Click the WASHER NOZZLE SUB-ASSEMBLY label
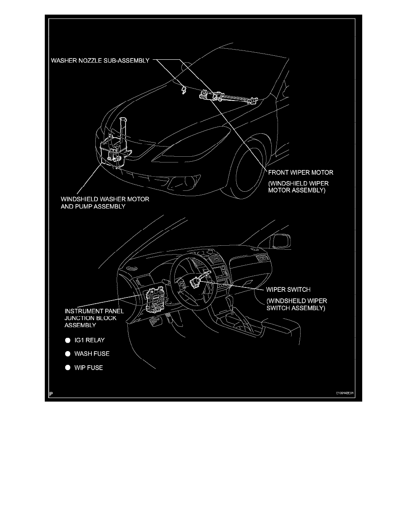(x=100, y=61)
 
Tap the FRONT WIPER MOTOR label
(x=301, y=172)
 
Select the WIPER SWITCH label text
(x=288, y=290)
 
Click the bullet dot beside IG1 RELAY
(x=68, y=340)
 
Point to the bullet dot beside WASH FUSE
(x=68, y=354)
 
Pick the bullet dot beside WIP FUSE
(x=68, y=367)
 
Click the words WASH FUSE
(x=92, y=354)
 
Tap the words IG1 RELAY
(x=90, y=340)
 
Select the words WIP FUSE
(x=89, y=367)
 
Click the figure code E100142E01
(x=345, y=393)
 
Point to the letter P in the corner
(x=51, y=394)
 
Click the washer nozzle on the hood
(x=184, y=90)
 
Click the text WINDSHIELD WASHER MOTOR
(x=105, y=199)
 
